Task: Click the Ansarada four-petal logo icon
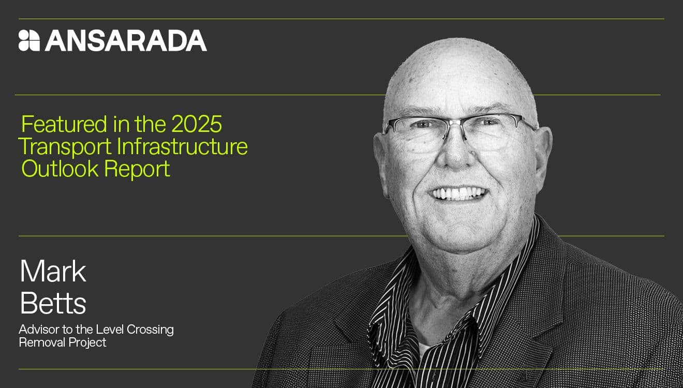(29, 40)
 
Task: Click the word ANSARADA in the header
(126, 40)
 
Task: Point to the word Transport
(65, 147)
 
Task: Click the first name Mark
(53, 272)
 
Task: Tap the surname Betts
(53, 303)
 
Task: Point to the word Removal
(40, 342)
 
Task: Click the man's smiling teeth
(459, 194)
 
